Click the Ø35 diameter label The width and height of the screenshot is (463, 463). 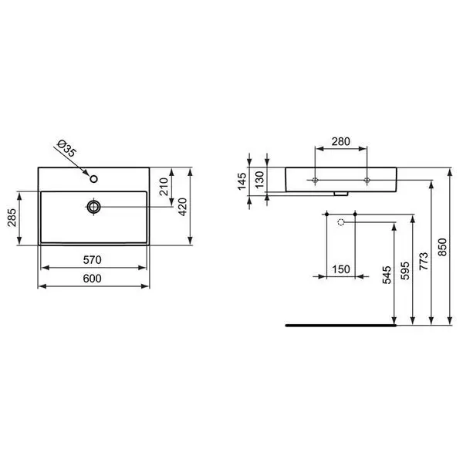(67, 147)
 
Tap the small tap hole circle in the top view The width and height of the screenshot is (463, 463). (94, 179)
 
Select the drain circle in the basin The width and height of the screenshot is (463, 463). (93, 207)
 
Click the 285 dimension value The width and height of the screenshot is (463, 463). (12, 218)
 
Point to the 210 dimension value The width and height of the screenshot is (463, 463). (164, 187)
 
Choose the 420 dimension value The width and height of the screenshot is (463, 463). (183, 207)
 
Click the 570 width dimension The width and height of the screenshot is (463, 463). (92, 260)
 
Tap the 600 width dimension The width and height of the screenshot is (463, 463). (92, 279)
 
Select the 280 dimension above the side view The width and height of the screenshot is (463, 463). (341, 141)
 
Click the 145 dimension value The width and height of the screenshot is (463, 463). (242, 181)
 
